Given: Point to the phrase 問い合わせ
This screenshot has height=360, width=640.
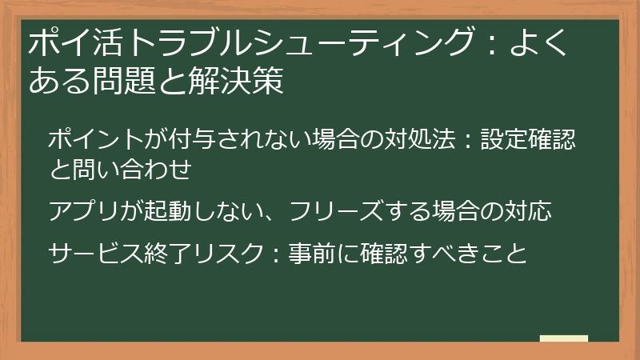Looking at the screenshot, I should [129, 169].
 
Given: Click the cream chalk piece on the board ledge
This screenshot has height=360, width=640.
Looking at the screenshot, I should [564, 339].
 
